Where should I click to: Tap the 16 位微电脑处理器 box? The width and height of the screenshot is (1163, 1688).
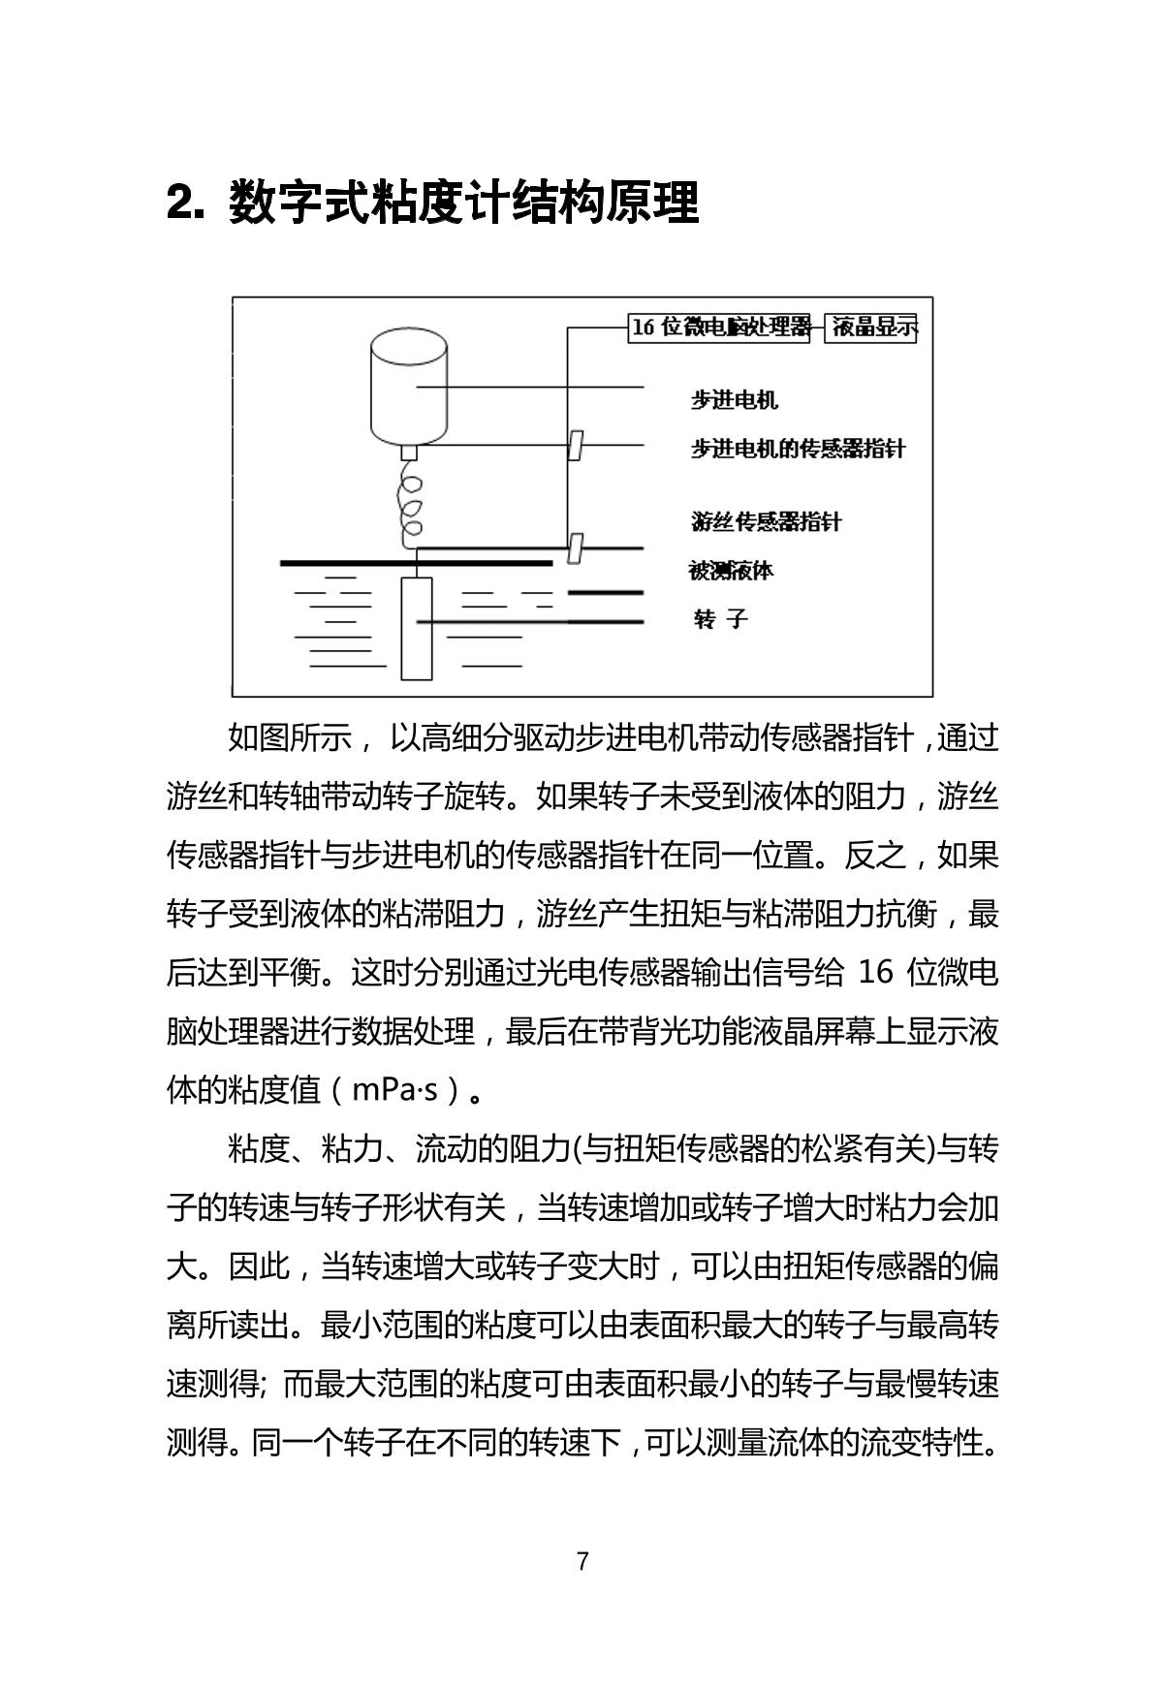(x=720, y=328)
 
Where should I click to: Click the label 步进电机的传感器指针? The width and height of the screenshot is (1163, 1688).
(x=798, y=449)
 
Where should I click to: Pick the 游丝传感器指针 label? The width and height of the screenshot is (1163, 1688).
(x=766, y=521)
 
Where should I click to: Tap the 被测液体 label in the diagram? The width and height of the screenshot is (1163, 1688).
(x=731, y=570)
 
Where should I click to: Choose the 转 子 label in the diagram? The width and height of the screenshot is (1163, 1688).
(x=721, y=619)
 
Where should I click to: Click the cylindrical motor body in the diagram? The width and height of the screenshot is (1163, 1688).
(x=409, y=388)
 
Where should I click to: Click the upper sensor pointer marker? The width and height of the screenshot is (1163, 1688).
(x=575, y=445)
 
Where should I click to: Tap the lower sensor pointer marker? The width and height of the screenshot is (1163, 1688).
(x=575, y=548)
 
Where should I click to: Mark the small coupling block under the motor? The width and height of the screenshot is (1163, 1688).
(x=409, y=452)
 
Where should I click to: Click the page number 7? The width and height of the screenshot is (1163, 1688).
(x=582, y=1561)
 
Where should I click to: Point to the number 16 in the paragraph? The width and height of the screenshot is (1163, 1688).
(x=874, y=972)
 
